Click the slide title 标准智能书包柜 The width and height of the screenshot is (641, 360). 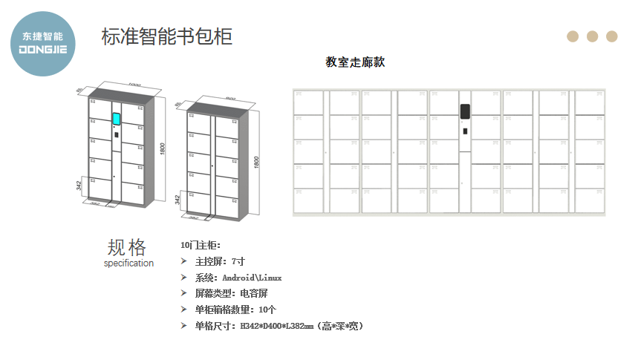coord(166,36)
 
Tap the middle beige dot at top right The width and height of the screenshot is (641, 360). coord(592,36)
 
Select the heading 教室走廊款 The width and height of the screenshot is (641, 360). coord(355,62)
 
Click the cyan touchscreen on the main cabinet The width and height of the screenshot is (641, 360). coord(117,118)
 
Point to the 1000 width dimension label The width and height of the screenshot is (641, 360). coord(134,85)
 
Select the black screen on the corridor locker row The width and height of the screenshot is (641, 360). coord(465,111)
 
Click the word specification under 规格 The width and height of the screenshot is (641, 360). coord(128,264)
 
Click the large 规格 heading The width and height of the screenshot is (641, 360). coord(127,247)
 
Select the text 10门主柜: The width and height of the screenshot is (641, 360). coord(201,245)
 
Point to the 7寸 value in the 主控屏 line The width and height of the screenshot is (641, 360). coord(238,261)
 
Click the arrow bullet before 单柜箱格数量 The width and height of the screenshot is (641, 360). coord(184,310)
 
